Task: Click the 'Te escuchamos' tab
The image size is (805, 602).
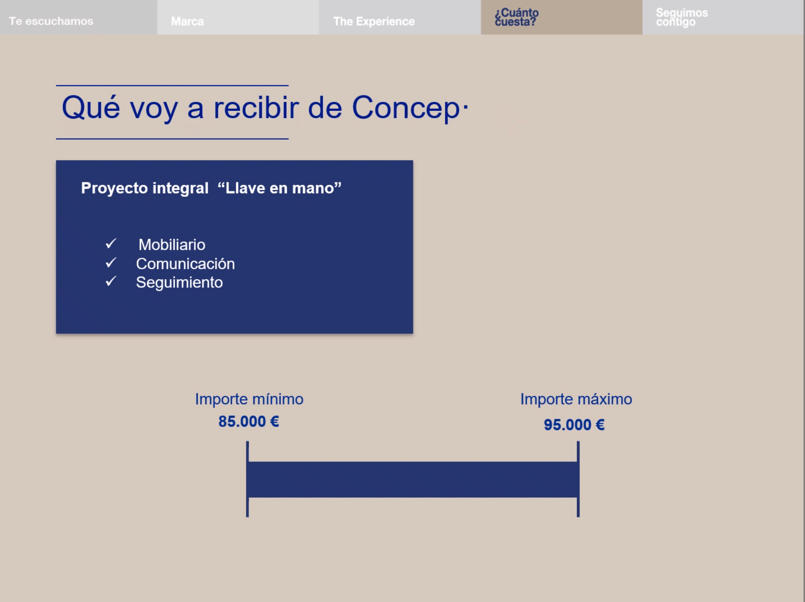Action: [78, 17]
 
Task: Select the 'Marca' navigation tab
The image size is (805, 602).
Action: [238, 17]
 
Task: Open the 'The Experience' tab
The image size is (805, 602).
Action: [400, 17]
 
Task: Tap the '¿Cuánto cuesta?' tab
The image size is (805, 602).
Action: [562, 17]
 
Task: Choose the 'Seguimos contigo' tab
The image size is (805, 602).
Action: [723, 17]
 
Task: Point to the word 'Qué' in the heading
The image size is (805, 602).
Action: [91, 108]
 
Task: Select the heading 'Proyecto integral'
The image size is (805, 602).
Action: [144, 188]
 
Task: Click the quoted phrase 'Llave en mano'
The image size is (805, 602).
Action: [279, 188]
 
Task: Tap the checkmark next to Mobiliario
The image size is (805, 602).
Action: [111, 244]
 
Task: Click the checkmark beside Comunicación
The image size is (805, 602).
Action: [111, 263]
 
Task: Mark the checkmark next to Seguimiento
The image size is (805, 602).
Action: [111, 281]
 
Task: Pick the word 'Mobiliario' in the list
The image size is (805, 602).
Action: [172, 245]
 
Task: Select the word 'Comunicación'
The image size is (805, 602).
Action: [185, 264]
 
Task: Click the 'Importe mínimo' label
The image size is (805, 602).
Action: [249, 399]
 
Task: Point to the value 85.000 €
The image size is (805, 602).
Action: [248, 421]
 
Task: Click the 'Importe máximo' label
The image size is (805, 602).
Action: [576, 399]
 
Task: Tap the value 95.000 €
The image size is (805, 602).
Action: [574, 425]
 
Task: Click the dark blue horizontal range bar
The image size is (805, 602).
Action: [413, 479]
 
